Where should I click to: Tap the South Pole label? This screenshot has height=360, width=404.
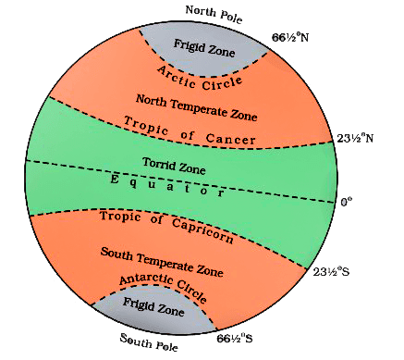(149, 340)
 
